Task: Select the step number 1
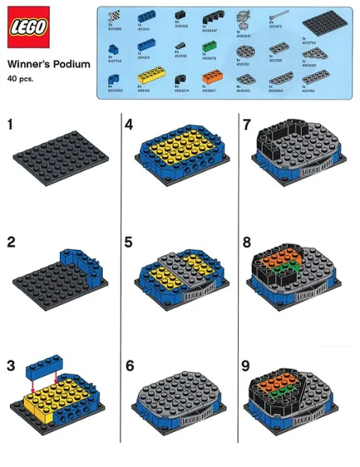pyautogui.click(x=10, y=124)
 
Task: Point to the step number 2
pyautogui.click(x=11, y=241)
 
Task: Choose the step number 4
pyautogui.click(x=129, y=124)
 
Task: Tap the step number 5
pyautogui.click(x=129, y=241)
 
